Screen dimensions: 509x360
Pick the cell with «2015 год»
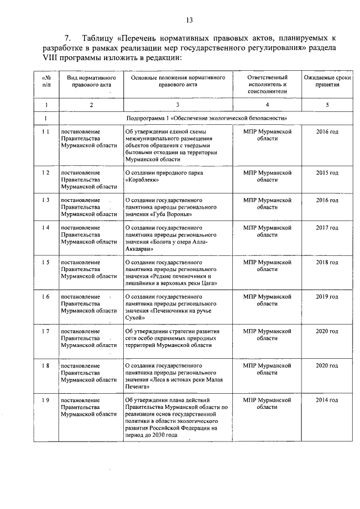[327, 173]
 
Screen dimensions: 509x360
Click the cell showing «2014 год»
[327, 400]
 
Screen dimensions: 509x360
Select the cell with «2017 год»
[327, 228]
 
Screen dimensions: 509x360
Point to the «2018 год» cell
[327, 262]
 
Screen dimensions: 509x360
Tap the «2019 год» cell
[327, 296]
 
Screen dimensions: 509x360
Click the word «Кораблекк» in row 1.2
[145, 181]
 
